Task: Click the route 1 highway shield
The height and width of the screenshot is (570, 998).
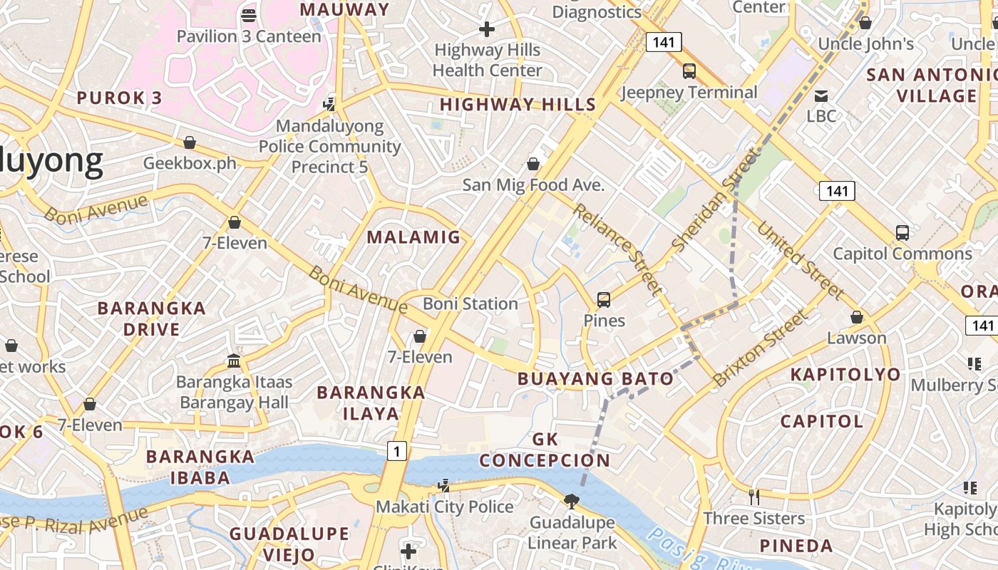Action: (397, 450)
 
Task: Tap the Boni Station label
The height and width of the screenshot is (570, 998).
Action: (470, 304)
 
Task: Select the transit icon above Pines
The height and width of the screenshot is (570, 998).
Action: (604, 300)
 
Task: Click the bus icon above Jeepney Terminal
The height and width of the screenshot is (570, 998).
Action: (689, 71)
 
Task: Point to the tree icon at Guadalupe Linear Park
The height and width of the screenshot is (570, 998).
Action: (571, 502)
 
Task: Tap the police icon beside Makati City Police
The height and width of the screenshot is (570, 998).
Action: (443, 486)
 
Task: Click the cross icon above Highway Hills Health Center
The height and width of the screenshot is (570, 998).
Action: (487, 29)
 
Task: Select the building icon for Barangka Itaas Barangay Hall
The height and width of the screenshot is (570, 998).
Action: (234, 361)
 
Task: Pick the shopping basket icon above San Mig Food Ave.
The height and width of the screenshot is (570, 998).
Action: (533, 164)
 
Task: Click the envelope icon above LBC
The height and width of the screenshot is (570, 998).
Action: (821, 95)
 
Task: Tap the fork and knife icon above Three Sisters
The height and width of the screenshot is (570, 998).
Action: (753, 496)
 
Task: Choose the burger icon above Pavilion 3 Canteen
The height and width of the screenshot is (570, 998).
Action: (249, 15)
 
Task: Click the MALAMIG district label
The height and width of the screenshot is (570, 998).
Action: (414, 237)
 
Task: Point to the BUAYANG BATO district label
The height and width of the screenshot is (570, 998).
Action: (596, 378)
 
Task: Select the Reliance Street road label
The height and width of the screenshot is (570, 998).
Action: (617, 249)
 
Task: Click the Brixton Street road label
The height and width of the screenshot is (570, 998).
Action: (761, 348)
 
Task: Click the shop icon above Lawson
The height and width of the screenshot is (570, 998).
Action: (857, 317)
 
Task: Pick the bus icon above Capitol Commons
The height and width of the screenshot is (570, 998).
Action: (902, 232)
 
